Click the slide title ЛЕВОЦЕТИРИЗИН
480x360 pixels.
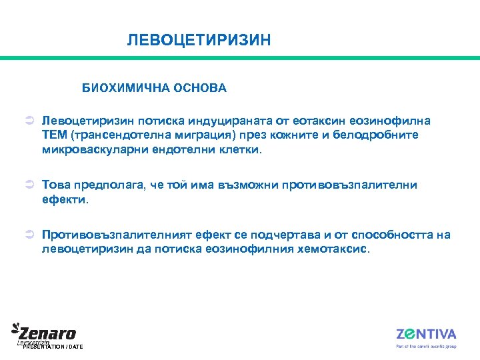pyautogui.click(x=199, y=41)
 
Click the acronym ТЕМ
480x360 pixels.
pyautogui.click(x=54, y=135)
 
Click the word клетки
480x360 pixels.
pyautogui.click(x=239, y=150)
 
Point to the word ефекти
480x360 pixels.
pyautogui.click(x=63, y=199)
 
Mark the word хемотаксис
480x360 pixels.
pyautogui.click(x=328, y=249)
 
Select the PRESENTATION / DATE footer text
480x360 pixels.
pyautogui.click(x=53, y=347)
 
